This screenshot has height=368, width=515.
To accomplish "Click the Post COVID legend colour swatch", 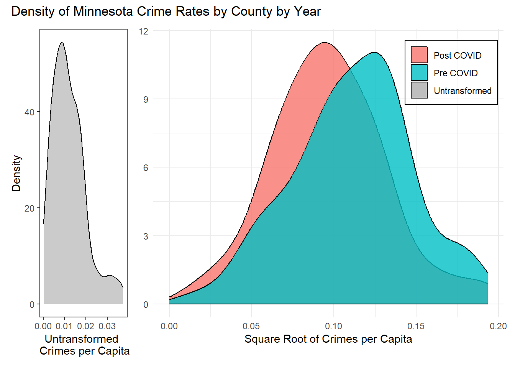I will tap(419, 55).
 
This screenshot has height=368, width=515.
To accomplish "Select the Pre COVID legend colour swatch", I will tap(419, 73).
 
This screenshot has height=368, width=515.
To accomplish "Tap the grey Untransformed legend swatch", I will tap(419, 90).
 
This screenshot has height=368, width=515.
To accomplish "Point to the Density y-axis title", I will tap(16, 173).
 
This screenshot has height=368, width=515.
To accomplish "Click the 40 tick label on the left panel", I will tap(29, 112).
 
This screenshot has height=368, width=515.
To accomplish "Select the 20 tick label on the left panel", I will tap(29, 209).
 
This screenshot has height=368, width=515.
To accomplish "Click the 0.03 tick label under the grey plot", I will tap(107, 326).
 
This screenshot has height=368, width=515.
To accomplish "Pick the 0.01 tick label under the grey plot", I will tap(64, 326).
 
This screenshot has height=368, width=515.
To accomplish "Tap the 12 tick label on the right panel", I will tap(143, 31).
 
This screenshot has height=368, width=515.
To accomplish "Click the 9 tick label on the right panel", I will tap(146, 100).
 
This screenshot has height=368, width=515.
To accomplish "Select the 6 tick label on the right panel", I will tap(146, 168).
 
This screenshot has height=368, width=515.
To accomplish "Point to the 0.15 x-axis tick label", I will tap(416, 326).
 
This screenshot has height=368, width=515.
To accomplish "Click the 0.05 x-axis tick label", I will tap(251, 326).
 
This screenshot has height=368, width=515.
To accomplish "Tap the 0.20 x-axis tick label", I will tap(498, 326).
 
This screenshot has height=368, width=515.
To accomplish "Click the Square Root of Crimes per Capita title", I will tap(328, 339).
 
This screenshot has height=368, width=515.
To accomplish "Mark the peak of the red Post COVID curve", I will tap(325, 43).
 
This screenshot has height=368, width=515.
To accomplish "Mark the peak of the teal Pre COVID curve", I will tap(374, 53).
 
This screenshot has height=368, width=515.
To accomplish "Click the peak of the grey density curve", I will tap(61, 43).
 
